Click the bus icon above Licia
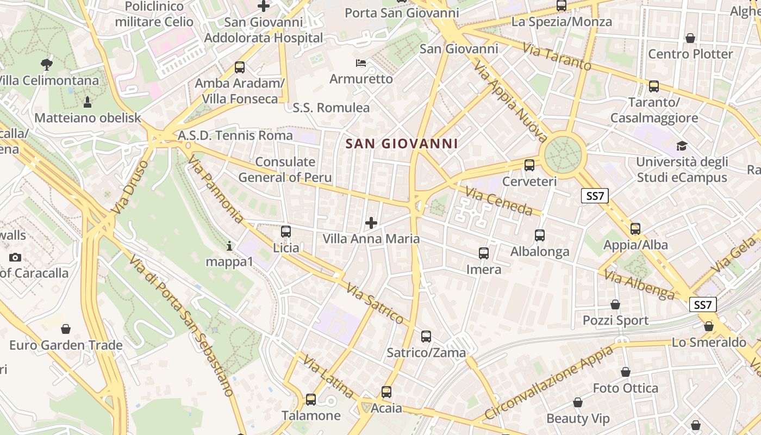tap(286, 231)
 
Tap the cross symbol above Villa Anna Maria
tap(371, 222)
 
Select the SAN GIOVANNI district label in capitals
tap(402, 144)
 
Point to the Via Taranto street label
tap(557, 56)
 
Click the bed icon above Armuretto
tap(360, 63)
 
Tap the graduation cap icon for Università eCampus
tap(682, 146)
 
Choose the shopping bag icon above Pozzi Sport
tap(615, 304)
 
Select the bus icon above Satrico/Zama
tap(426, 337)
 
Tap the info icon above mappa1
tap(229, 246)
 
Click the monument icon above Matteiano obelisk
tap(88, 102)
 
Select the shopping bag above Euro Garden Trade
tap(66, 329)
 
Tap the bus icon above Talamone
tap(311, 400)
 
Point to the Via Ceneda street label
tap(498, 201)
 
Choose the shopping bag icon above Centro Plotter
tap(690, 38)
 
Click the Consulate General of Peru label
tap(285, 169)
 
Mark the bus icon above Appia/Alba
tap(635, 229)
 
